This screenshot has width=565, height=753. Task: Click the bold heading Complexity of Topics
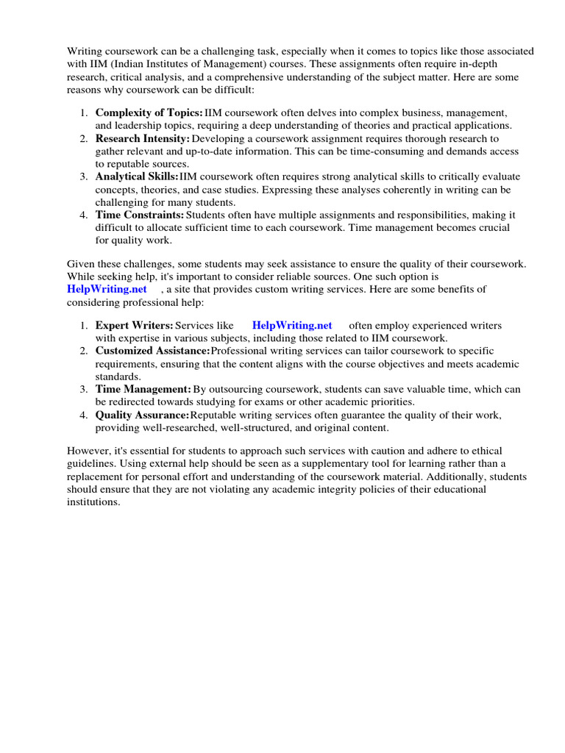click(x=149, y=113)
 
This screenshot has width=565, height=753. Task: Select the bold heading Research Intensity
click(x=142, y=138)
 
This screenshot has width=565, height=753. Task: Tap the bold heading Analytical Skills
click(x=137, y=176)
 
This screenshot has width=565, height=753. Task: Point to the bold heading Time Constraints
click(x=139, y=215)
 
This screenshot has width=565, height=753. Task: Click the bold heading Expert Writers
click(x=134, y=325)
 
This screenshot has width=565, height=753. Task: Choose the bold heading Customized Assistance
click(x=152, y=351)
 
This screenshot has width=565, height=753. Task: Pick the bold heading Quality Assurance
click(x=142, y=415)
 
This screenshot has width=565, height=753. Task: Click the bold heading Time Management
click(x=143, y=389)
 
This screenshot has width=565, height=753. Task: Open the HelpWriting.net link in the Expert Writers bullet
click(x=292, y=325)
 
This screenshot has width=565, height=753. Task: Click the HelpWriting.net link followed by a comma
click(x=107, y=289)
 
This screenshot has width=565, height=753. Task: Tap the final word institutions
click(x=93, y=502)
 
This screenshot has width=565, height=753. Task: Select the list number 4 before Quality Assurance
click(x=84, y=415)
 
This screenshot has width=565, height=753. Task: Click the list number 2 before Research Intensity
click(x=84, y=138)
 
